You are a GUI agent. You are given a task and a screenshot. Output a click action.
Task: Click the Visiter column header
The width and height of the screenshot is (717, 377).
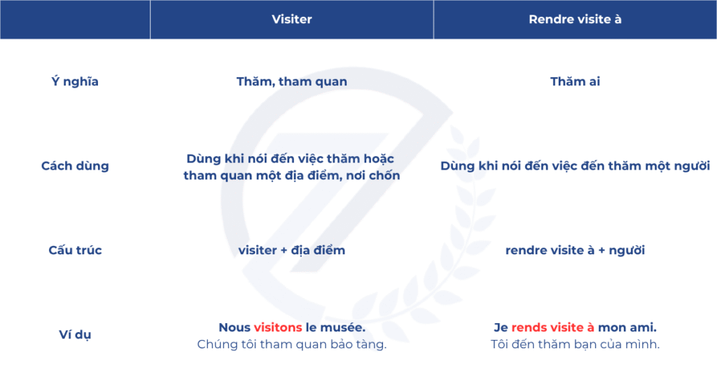point(292,19)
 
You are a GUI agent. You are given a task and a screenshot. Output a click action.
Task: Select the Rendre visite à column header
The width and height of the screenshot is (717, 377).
point(575,19)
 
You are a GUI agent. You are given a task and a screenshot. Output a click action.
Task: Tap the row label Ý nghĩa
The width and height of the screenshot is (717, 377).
point(75,81)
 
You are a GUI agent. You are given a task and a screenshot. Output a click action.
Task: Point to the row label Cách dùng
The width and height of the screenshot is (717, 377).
point(75,165)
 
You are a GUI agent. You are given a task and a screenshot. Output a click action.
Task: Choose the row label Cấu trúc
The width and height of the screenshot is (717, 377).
point(75,250)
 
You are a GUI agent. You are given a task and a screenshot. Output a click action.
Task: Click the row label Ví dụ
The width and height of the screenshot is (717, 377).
point(75,334)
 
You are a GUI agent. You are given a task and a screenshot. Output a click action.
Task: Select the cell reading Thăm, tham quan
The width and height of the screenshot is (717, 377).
point(292,81)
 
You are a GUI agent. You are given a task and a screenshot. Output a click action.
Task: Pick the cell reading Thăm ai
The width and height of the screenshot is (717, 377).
point(575,81)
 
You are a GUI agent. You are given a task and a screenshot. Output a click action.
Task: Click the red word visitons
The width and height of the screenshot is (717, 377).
point(278,327)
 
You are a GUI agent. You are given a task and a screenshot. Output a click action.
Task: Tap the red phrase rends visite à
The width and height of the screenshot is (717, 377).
point(553,327)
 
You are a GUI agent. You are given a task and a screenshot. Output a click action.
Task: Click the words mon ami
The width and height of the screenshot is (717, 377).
point(627,327)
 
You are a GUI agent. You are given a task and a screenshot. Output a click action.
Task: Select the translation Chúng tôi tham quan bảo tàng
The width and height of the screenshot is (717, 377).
point(292,345)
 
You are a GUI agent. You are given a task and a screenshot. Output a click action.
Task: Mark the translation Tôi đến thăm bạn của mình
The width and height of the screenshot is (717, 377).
point(575,345)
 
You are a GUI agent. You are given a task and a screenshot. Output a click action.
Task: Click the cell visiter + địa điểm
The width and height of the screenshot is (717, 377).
point(292,250)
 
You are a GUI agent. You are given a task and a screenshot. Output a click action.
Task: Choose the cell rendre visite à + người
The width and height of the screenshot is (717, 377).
point(575,250)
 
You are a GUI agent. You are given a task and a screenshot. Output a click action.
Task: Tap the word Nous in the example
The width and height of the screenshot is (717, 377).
point(234,327)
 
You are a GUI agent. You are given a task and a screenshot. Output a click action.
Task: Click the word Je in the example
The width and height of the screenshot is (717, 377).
point(501,327)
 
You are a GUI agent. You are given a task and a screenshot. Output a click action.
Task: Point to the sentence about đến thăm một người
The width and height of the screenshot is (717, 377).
point(575,165)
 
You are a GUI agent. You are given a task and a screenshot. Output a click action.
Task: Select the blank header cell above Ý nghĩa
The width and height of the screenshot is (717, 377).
point(75,19)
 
